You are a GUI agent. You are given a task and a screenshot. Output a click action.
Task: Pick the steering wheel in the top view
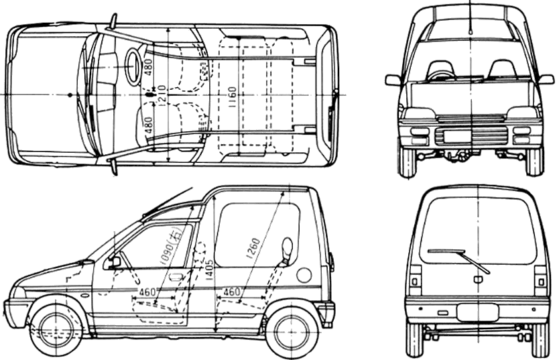coord(133,66)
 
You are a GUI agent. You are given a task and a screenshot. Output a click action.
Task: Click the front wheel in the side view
coord(56,329)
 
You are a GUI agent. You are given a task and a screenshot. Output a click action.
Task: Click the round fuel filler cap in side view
coord(304,275)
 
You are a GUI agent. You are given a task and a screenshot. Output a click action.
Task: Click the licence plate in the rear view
coord(477,312)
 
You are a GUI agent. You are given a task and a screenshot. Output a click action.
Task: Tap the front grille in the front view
coord(470,135)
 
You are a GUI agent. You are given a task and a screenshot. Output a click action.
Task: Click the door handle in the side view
coord(176,276)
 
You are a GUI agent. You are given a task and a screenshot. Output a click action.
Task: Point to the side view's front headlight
coord(19,292)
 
